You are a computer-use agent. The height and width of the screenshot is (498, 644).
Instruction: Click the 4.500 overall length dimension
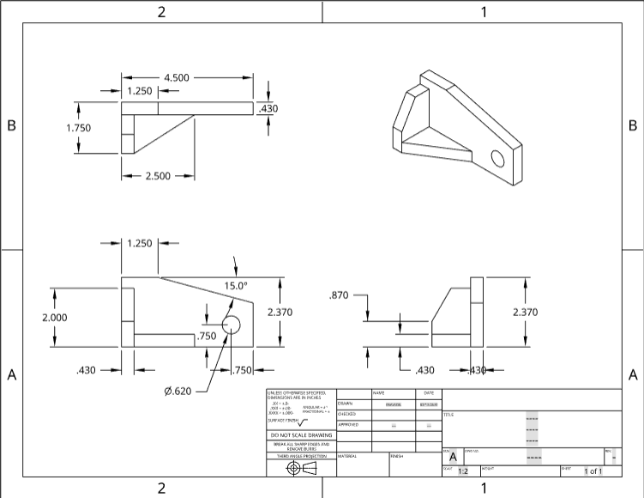[176, 77]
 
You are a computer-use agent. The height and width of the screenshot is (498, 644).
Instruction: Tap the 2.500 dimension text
[158, 176]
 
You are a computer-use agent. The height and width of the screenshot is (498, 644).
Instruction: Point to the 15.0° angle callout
[236, 285]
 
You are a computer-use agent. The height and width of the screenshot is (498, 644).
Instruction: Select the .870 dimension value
[340, 295]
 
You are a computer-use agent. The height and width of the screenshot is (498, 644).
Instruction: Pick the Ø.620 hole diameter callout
[179, 392]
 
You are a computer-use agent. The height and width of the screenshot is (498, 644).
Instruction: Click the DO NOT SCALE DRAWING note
[300, 435]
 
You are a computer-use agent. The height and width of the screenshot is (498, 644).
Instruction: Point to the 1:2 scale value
[463, 471]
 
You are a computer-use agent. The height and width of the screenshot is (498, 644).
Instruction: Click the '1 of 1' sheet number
[593, 471]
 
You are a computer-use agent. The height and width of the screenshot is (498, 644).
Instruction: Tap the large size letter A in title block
[454, 458]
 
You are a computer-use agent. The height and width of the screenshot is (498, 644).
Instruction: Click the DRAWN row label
[346, 404]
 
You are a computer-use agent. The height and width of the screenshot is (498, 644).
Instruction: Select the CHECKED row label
[346, 414]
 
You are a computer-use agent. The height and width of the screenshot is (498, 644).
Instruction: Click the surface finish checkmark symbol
[303, 422]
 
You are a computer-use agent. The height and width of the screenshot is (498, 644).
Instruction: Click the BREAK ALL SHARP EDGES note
[300, 446]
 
